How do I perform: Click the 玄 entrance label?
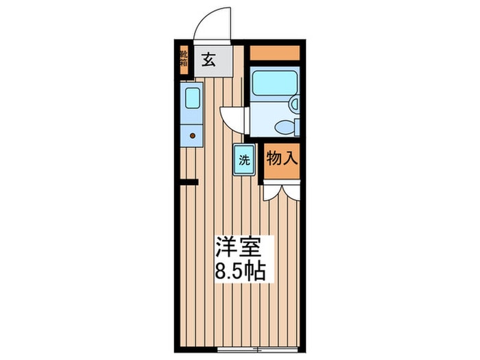pos(208,60)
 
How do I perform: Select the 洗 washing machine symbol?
pos(244,160)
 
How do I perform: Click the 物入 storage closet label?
pos(282,158)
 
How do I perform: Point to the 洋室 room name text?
pos(239,246)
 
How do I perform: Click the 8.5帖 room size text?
pos(240,271)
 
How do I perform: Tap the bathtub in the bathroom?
pos(274,83)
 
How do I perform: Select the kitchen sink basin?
pos(193,97)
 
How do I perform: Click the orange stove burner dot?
pos(193,135)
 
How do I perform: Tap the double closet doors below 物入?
pos(282,192)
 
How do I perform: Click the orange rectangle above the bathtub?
pos(274,53)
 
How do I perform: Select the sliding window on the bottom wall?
pos(257,349)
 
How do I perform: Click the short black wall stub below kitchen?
pos(189,182)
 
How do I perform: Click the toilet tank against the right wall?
pos(297,127)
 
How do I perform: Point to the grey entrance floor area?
pos(213,61)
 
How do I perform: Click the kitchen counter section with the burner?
pos(191,135)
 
